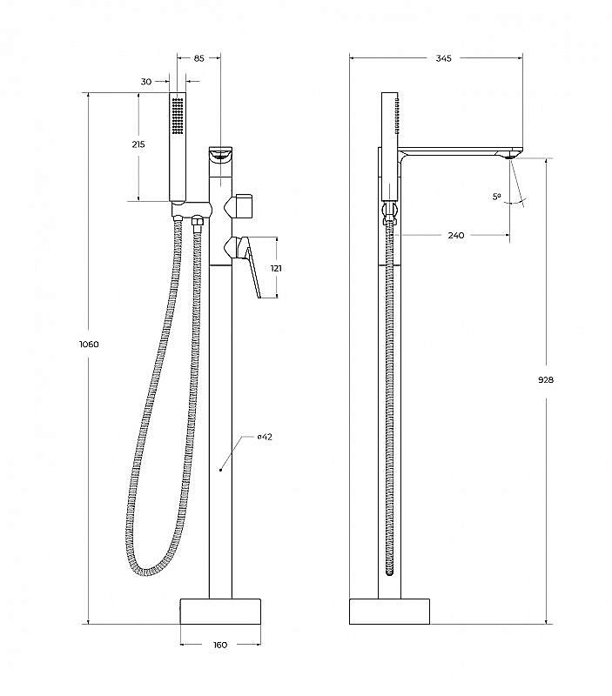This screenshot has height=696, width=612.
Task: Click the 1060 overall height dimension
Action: (x=89, y=344)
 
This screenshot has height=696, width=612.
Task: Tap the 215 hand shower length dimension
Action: (x=138, y=144)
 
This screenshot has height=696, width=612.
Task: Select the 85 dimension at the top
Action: (x=199, y=58)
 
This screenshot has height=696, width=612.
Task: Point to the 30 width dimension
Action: (x=146, y=82)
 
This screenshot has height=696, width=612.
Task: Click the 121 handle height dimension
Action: (x=276, y=268)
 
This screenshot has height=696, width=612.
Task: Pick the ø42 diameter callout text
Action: (x=265, y=437)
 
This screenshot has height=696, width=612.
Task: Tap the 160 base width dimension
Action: (x=220, y=645)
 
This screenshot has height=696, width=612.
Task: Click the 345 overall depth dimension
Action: (x=443, y=58)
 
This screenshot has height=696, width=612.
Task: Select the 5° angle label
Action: (x=496, y=197)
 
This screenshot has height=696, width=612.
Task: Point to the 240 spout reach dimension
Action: (x=456, y=235)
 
